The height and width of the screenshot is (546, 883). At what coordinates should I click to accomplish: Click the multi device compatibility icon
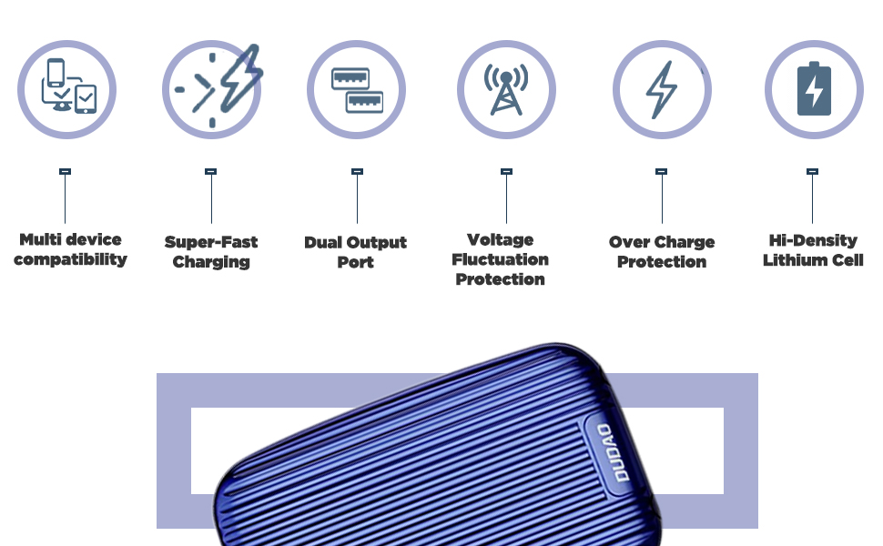[67, 89]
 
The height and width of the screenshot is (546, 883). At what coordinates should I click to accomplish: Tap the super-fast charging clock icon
[212, 89]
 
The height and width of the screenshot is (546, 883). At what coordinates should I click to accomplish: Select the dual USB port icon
[356, 89]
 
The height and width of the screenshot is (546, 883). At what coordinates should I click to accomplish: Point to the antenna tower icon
[506, 89]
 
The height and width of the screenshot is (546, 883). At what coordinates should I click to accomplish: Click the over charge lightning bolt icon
[662, 89]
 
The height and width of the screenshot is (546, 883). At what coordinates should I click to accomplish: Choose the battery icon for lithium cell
[813, 89]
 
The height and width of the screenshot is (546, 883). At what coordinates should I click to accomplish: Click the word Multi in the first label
[41, 240]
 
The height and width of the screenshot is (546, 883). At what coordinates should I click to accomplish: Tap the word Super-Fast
[211, 242]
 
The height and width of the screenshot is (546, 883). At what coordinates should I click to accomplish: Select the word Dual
[322, 243]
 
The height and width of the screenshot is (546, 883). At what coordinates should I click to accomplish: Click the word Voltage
[500, 239]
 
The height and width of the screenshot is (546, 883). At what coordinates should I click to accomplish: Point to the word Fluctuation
[500, 259]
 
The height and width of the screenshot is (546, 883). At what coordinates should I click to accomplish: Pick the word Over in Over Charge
[630, 242]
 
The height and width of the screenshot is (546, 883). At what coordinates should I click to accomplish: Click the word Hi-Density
[813, 240]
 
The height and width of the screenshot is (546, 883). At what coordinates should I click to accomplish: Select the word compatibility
[70, 260]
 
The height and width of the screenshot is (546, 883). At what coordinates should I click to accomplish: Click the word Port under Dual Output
[356, 263]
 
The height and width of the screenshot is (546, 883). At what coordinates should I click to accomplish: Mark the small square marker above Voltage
[506, 171]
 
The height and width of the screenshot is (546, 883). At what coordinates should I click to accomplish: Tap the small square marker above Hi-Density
[813, 171]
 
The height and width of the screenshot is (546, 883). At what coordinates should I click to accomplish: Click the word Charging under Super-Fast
[211, 263]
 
